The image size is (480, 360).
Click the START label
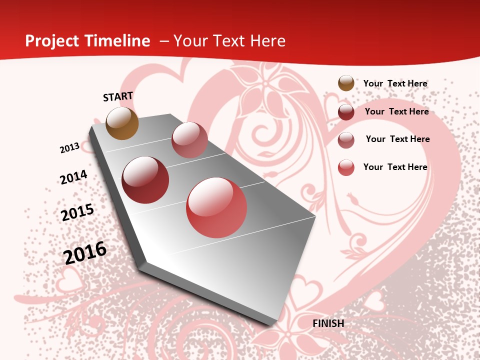[118, 96]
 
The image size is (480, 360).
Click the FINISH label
[328, 323]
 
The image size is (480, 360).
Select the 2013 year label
[70, 148]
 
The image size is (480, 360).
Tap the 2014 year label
[73, 177]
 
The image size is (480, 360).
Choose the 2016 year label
[85, 253]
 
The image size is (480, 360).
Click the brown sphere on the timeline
[122, 123]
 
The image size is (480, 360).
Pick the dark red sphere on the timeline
[145, 179]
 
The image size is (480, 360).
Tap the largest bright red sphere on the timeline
[216, 207]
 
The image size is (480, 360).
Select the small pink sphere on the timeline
[189, 139]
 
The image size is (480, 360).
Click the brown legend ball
[346, 83]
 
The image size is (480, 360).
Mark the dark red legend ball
[346, 112]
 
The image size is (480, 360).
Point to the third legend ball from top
[346, 140]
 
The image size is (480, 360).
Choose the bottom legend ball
[346, 167]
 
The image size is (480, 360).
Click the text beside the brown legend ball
[395, 83]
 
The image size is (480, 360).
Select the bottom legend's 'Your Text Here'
[395, 167]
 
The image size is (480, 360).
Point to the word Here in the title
[267, 41]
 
